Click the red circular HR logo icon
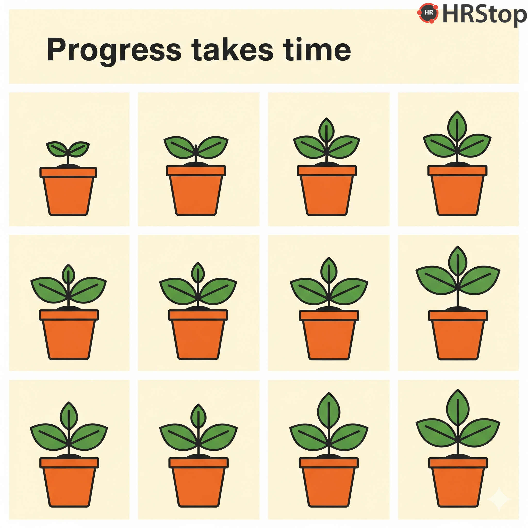tap(428, 13)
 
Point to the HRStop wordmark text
tap(484, 15)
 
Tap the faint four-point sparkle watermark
tap(499, 499)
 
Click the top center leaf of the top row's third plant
tap(326, 131)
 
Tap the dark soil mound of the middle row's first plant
tap(69, 308)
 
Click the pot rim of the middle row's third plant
tap(329, 315)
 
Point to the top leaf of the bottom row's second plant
tap(199, 416)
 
